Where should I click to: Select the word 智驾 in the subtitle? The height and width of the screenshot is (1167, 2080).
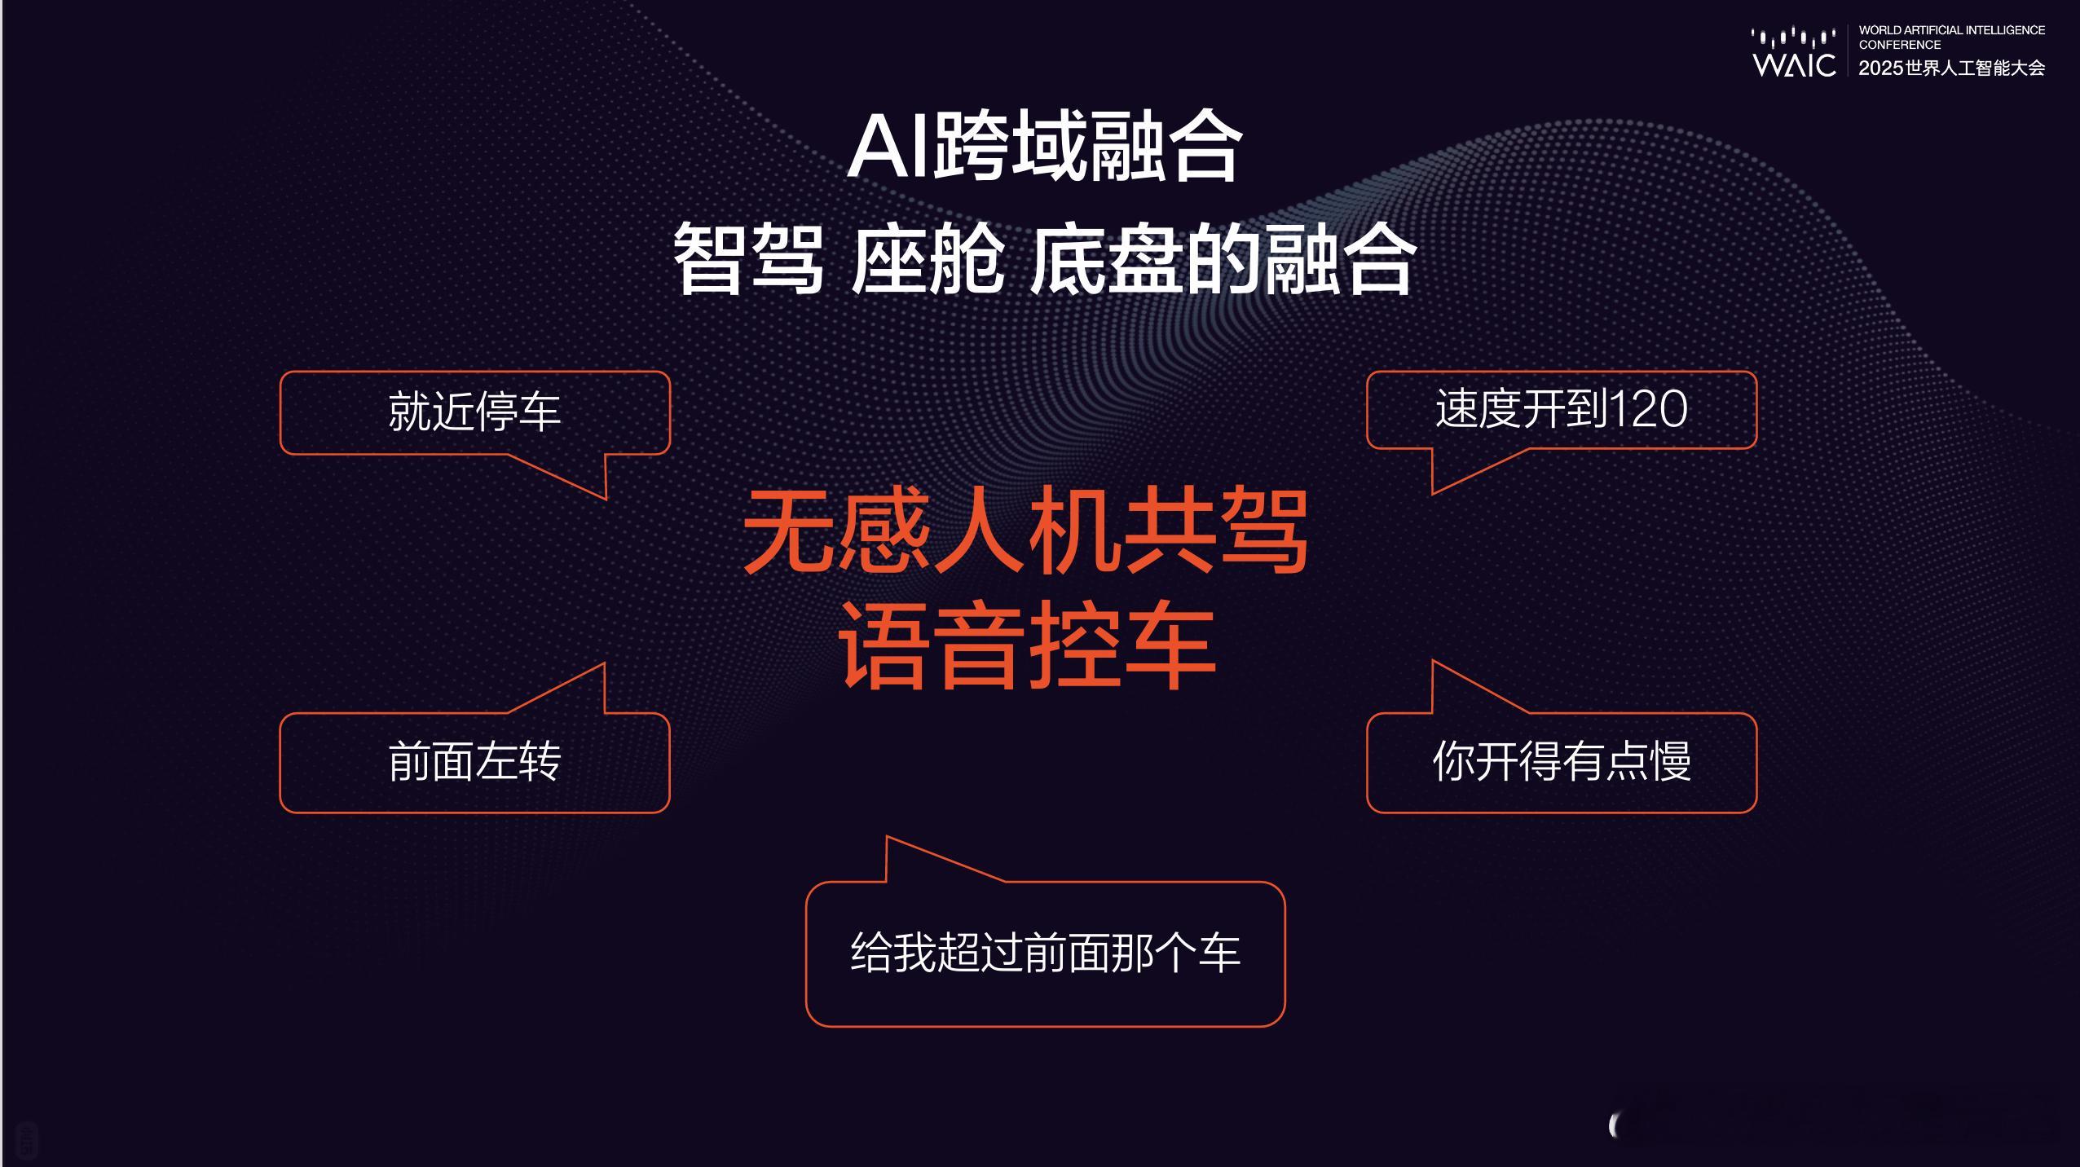[x=748, y=260]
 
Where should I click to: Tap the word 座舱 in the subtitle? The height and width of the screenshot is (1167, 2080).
[x=928, y=260]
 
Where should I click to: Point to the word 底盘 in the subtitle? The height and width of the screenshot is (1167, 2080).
[x=1106, y=260]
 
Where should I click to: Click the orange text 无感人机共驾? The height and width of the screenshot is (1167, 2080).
[x=1026, y=531]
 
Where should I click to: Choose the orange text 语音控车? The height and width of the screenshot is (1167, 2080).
[x=1027, y=645]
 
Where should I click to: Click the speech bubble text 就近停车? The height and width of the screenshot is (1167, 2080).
[x=474, y=412]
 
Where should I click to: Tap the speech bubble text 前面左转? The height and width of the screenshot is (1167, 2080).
[x=474, y=762]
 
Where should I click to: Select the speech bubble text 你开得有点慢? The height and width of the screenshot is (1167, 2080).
[x=1562, y=762]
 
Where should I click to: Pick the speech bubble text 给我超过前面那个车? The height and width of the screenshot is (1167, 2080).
[x=1045, y=952]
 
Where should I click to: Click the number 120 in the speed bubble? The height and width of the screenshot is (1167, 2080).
[x=1648, y=409]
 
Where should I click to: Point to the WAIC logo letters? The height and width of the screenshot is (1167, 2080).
[x=1794, y=64]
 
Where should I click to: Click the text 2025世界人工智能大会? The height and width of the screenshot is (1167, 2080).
[x=1952, y=68]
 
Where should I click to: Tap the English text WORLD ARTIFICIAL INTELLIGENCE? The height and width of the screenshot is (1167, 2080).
[x=1952, y=30]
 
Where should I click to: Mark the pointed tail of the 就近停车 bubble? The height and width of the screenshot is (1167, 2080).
[x=606, y=498]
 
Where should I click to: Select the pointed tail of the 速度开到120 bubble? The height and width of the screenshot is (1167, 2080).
[x=1433, y=493]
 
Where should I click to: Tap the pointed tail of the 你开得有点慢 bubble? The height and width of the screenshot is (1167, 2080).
[x=1433, y=661]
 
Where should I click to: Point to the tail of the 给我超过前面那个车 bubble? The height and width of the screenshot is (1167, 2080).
[x=888, y=837]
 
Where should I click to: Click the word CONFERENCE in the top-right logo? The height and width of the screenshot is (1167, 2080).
[x=1900, y=45]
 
